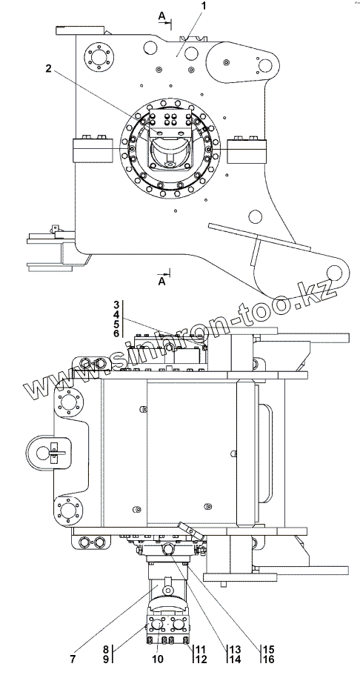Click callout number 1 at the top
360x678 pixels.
point(204,6)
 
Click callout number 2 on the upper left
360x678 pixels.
point(48,68)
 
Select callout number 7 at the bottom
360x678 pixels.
point(73,659)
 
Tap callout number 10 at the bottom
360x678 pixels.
point(158,659)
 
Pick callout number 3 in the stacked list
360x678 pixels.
point(116,305)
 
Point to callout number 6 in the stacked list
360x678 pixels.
point(116,333)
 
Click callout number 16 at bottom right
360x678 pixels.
point(268,659)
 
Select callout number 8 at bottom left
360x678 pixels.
point(106,650)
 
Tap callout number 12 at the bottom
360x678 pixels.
point(201,659)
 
